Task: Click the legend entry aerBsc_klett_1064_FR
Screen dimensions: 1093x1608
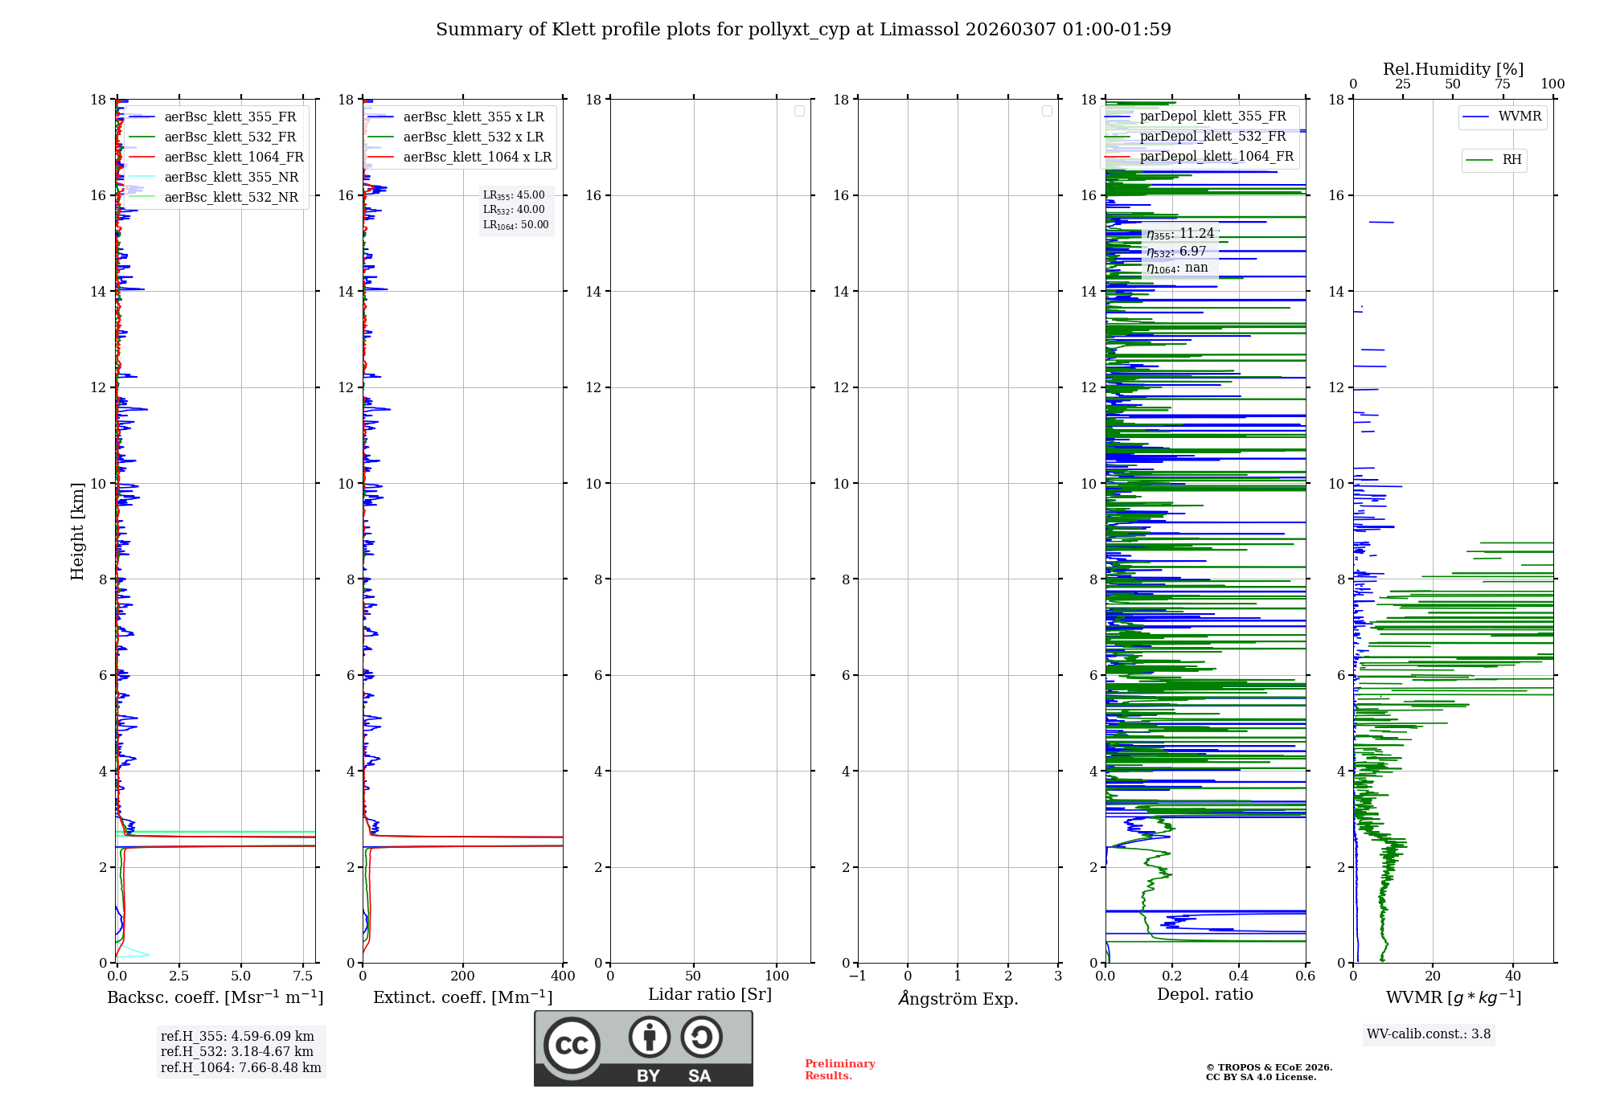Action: coord(233,158)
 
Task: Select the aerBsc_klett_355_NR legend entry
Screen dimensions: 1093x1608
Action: coord(231,178)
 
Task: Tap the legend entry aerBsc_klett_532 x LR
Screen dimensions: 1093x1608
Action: coord(473,137)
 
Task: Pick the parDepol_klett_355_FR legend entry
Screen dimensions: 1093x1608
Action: coord(1212,117)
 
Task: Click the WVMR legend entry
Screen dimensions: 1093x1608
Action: coord(1520,117)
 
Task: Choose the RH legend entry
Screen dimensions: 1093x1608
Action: coord(1512,160)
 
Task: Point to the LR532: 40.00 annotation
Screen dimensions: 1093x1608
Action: coord(514,210)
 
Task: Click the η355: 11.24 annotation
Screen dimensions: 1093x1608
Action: coord(1179,234)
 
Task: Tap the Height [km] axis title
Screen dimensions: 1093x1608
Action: coord(77,531)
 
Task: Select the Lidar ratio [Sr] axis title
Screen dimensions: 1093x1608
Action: coord(710,995)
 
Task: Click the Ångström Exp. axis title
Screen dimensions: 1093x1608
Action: coord(958,999)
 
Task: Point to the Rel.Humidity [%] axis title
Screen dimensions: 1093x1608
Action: coord(1453,69)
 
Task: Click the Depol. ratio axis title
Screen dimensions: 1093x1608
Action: coord(1204,995)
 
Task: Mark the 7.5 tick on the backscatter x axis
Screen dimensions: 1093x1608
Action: coord(303,976)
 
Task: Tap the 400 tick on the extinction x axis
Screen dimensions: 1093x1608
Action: coord(563,976)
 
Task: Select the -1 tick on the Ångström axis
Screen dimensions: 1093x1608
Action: coord(857,976)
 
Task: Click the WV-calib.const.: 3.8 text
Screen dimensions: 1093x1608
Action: coord(1429,1034)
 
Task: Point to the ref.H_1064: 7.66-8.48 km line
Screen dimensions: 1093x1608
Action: coord(240,1068)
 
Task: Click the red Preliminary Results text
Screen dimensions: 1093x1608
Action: coord(839,1070)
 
